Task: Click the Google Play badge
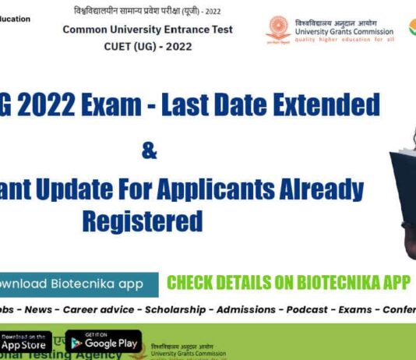click(103, 341)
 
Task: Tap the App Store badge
click(24, 341)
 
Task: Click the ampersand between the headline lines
click(149, 150)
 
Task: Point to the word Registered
click(143, 220)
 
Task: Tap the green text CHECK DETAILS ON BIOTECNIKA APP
click(288, 283)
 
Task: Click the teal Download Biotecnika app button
click(74, 284)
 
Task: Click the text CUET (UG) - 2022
click(147, 46)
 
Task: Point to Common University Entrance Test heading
click(147, 30)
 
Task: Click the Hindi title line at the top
click(148, 12)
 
